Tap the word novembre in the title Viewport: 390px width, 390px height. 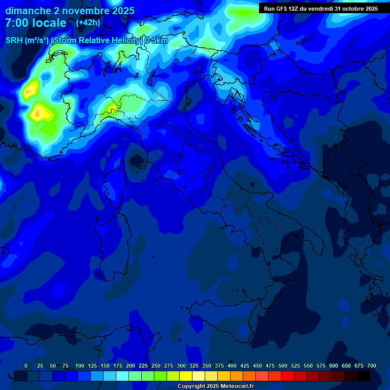[x=82, y=11]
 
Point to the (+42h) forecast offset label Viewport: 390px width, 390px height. [x=88, y=23]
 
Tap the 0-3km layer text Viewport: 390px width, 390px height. [x=156, y=41]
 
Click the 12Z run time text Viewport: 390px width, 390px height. [x=294, y=9]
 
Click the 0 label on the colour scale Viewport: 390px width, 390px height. [x=26, y=366]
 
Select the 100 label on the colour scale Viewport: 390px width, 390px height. [x=80, y=366]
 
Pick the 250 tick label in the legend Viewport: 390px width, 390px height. [x=156, y=366]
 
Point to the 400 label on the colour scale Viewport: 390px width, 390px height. [x=232, y=366]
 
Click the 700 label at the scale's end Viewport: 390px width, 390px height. [x=372, y=366]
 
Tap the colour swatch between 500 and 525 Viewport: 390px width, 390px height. [x=287, y=376]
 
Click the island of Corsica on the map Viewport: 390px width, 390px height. [x=114, y=188]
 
